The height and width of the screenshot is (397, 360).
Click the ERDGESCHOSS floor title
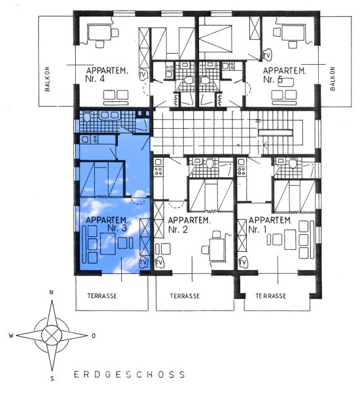point(130,375)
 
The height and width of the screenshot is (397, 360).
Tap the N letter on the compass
point(52,292)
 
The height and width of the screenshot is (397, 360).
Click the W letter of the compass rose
point(11,336)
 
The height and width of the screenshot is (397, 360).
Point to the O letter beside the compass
point(94,336)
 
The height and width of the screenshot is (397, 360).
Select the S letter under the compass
point(52,379)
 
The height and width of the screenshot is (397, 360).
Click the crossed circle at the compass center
point(52,336)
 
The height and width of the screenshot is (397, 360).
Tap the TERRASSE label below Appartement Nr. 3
point(102,296)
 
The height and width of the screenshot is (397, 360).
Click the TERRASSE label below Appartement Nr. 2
point(185,296)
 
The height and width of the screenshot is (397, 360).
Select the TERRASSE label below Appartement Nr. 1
point(270,296)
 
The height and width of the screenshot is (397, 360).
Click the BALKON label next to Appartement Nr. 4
point(47,79)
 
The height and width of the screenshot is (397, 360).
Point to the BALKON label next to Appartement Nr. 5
point(333,78)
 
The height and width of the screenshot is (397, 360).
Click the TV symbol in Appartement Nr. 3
point(143,262)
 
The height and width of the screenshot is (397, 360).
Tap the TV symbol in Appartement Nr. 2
point(159,262)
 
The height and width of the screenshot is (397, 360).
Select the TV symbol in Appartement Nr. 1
point(243,262)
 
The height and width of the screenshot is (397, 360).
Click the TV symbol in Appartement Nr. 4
point(143,75)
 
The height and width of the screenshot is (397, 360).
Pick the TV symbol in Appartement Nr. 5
point(267,55)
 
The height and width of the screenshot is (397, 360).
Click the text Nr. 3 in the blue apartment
point(117,228)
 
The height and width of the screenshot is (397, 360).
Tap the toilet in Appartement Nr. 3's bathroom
point(86,116)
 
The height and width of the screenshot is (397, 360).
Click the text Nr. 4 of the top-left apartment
point(95,78)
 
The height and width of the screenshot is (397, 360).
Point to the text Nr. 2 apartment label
point(178,230)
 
